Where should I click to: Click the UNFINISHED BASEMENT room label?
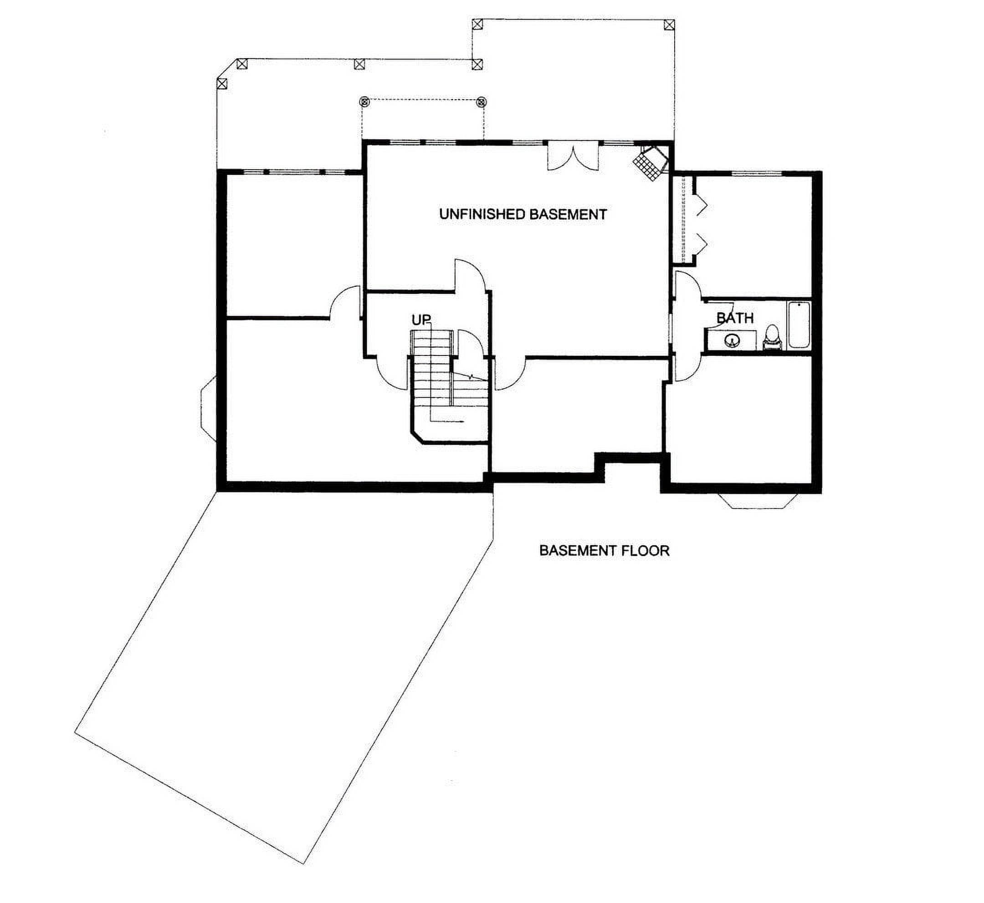pos(523,214)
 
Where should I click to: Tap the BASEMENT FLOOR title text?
pos(604,551)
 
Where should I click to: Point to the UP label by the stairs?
pos(421,320)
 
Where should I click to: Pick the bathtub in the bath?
pos(799,325)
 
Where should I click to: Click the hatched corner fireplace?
pos(651,163)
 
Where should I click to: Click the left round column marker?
pos(364,101)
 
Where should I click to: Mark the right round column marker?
pos(482,101)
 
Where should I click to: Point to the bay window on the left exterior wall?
pos(209,409)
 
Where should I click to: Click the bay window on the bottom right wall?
pos(758,501)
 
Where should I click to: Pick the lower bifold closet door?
pos(701,243)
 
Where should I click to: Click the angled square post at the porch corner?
pos(222,84)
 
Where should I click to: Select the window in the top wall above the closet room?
pos(757,173)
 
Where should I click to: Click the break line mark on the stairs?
pos(471,377)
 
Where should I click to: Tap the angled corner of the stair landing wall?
pos(417,437)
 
